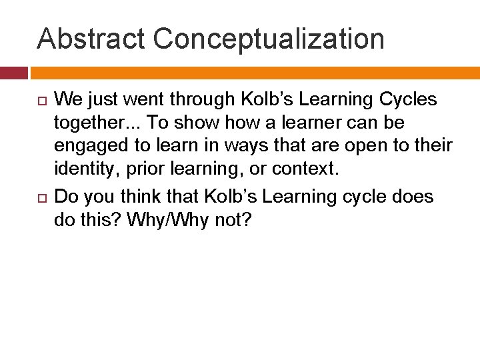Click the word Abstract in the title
pos(90,39)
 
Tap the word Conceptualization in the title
pos(269,39)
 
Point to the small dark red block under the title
pos(13,73)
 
